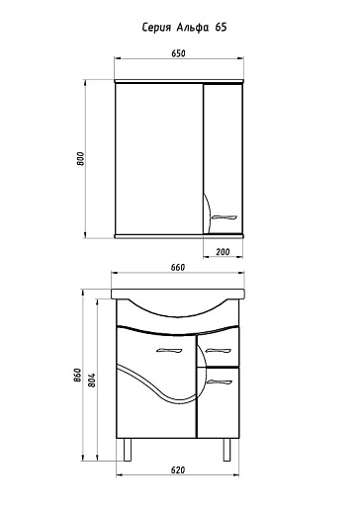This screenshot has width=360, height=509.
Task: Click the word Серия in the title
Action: click(x=156, y=28)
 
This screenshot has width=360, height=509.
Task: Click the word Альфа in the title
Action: click(x=193, y=28)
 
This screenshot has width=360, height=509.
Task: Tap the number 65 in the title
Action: click(x=221, y=27)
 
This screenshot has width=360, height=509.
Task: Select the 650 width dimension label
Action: click(x=178, y=53)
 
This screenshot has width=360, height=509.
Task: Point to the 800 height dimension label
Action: click(x=81, y=159)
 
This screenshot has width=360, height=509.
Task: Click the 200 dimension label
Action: click(x=223, y=252)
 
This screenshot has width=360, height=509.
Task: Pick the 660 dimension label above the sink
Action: click(x=178, y=268)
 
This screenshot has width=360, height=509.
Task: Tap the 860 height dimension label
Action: click(x=77, y=375)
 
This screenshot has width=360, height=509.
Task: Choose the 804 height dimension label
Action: click(x=92, y=380)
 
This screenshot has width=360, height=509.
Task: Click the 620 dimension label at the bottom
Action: click(x=178, y=470)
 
